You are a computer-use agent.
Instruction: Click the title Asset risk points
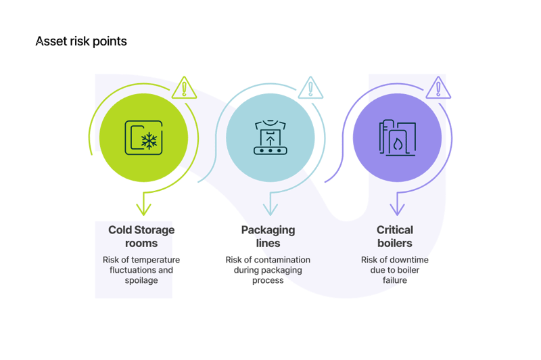[x=80, y=42]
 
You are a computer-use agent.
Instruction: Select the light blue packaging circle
[x=270, y=139]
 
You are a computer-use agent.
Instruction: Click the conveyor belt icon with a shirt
[x=270, y=137]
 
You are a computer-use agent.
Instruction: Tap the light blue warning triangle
[x=310, y=89]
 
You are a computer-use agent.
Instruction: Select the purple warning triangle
[x=438, y=89]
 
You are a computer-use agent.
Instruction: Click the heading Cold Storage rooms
[x=141, y=236]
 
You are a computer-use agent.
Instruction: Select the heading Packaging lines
[x=268, y=236]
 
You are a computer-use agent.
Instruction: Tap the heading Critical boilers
[x=395, y=236]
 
